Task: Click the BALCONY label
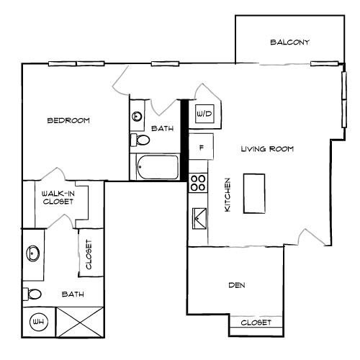(x=289, y=42)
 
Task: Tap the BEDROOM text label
(x=68, y=120)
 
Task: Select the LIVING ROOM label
(x=267, y=149)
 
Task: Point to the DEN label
(x=237, y=286)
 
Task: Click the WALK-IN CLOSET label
(x=57, y=198)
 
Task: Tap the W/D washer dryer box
(x=204, y=114)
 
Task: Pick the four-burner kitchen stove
(x=198, y=183)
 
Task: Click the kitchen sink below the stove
(x=198, y=215)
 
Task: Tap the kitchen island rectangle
(x=253, y=193)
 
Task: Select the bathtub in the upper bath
(x=156, y=168)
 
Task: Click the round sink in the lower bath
(x=33, y=253)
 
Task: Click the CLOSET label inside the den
(x=256, y=323)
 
